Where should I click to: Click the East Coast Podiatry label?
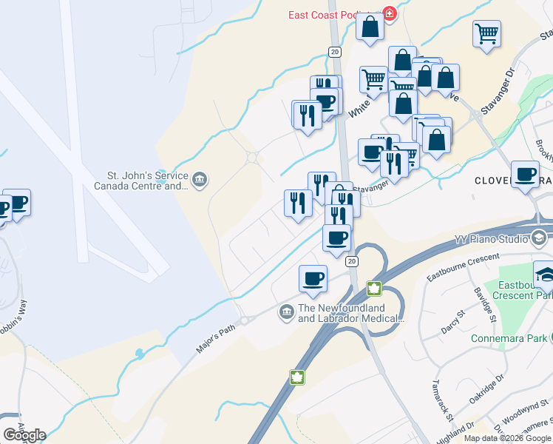(x=332, y=16)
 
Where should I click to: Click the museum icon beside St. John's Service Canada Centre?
(x=199, y=180)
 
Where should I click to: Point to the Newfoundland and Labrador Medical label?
(x=351, y=314)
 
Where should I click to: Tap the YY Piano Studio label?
(x=490, y=239)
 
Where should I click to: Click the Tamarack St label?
(x=442, y=403)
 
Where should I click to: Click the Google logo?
(x=24, y=434)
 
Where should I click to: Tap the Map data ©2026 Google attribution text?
(x=506, y=438)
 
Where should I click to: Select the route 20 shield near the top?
(x=335, y=51)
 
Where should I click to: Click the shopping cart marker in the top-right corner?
(x=486, y=34)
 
